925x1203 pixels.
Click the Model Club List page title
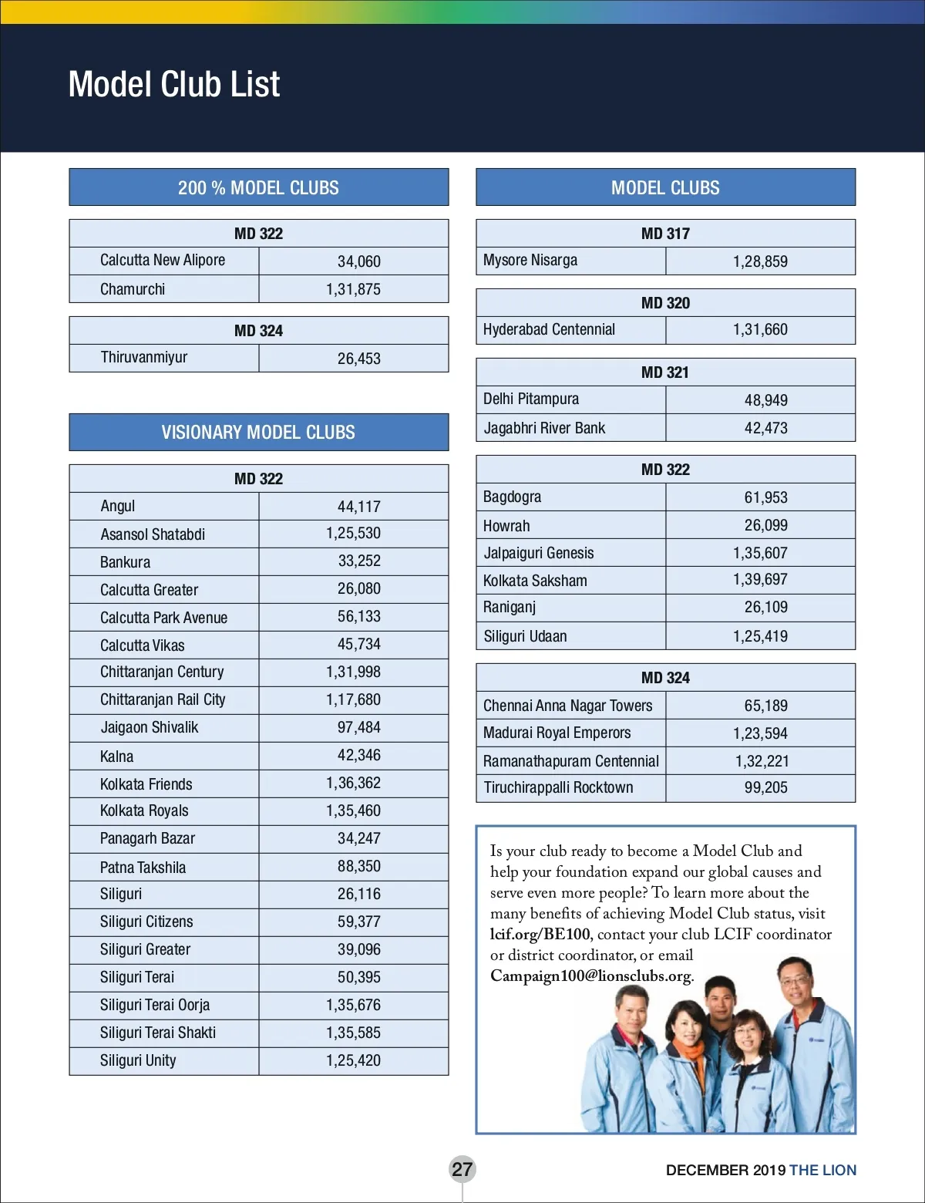click(x=174, y=84)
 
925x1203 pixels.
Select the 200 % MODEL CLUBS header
click(x=258, y=187)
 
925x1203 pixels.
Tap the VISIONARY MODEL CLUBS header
click(x=258, y=432)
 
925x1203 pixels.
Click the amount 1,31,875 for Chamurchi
click(x=353, y=289)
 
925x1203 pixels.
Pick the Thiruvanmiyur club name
click(x=144, y=357)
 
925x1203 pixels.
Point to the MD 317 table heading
click(x=665, y=234)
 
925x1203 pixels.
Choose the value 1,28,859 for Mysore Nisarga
click(x=760, y=261)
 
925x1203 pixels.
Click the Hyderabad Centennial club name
click(x=549, y=329)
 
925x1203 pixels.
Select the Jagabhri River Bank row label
click(x=544, y=428)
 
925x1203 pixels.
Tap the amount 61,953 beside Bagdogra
click(x=765, y=497)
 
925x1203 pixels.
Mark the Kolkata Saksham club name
click(x=535, y=581)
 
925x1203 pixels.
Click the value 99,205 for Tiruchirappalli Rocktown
click(x=765, y=787)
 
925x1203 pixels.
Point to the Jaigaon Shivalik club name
click(x=150, y=727)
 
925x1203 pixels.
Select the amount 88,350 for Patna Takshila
click(x=358, y=866)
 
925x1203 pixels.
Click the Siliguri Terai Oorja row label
click(x=155, y=1005)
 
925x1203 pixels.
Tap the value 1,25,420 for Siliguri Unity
click(x=353, y=1060)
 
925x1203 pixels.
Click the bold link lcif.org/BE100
click(x=540, y=934)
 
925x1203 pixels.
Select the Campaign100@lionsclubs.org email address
click(x=590, y=976)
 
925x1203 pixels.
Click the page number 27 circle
click(x=462, y=1169)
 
